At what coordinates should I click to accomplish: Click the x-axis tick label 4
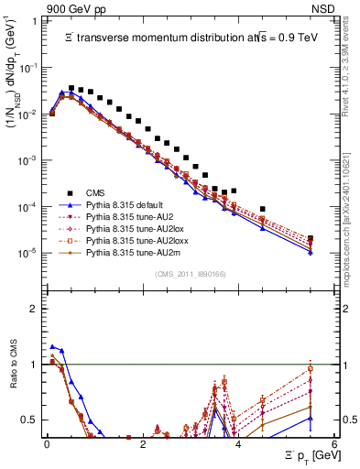(x=238, y=444)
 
